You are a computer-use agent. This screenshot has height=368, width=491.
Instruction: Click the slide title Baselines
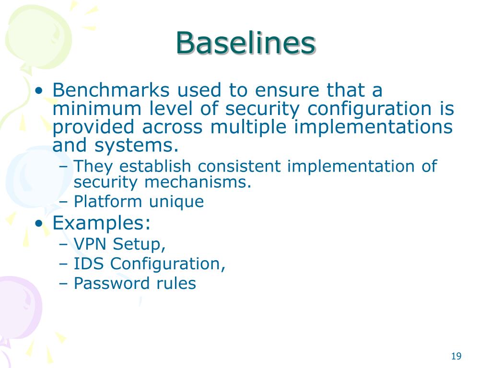click(245, 43)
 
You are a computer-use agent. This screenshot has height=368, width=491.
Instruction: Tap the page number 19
click(456, 356)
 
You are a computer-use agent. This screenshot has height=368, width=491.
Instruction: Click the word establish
click(157, 166)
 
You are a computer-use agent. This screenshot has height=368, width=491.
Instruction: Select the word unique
click(176, 202)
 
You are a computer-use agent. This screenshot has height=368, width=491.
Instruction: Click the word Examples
click(99, 223)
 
